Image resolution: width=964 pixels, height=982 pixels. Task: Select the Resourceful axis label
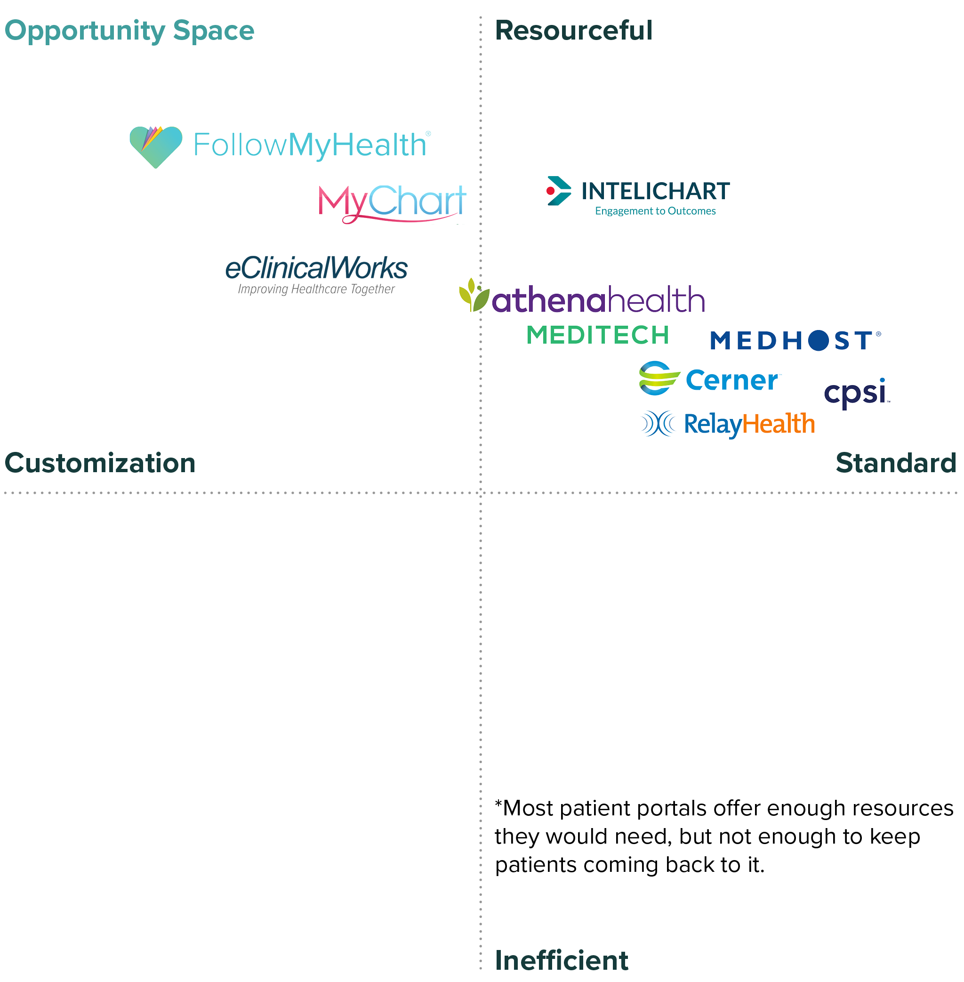573,31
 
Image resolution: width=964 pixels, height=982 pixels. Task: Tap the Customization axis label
100,463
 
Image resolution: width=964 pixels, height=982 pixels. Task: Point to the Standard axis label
895,463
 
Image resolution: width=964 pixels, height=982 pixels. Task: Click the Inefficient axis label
561,960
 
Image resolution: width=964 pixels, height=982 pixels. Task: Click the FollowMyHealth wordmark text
310,145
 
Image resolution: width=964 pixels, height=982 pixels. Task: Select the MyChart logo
391,202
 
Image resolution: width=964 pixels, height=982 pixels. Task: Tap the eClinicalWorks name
316,268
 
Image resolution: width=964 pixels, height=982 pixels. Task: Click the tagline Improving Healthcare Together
316,289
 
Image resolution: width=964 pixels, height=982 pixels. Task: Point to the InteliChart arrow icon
558,191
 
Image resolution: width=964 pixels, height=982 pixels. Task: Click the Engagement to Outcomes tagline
655,211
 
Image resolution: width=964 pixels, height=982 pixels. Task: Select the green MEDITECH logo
597,335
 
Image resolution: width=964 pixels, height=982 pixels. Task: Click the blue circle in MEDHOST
818,340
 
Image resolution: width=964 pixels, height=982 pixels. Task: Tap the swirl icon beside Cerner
658,378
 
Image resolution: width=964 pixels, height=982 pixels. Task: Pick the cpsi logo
855,393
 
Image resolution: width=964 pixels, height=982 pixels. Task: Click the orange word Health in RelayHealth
778,424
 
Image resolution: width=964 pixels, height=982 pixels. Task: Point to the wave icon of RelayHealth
658,424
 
